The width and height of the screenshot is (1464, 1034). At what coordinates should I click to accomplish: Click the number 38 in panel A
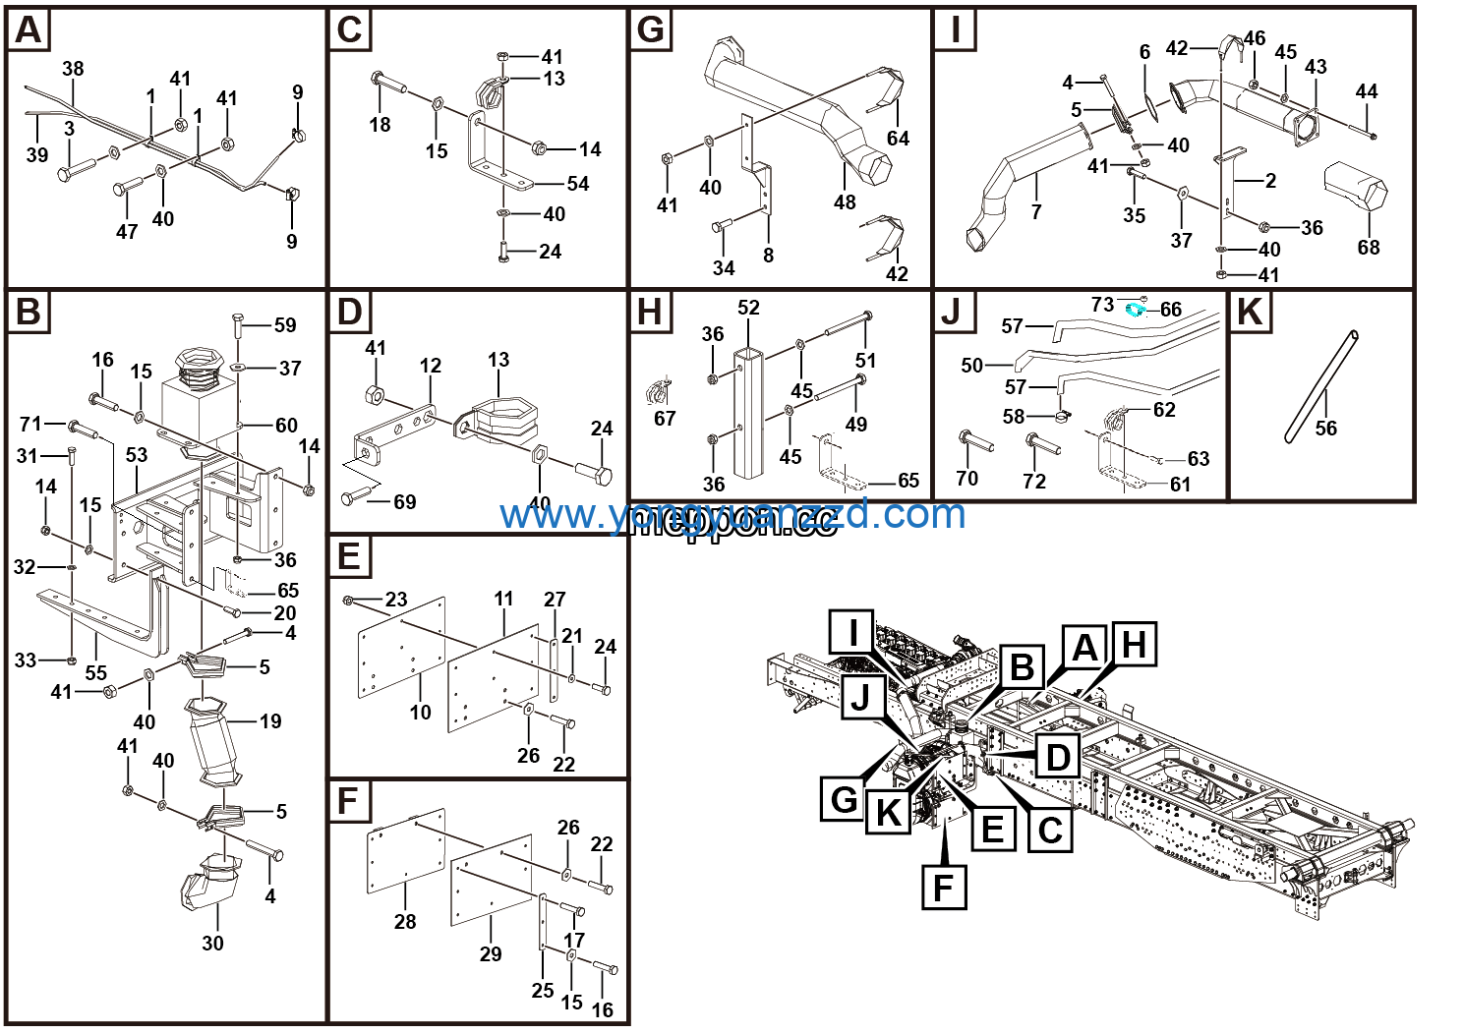click(x=73, y=69)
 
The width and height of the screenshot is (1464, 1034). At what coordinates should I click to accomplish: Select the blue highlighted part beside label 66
click(x=1136, y=310)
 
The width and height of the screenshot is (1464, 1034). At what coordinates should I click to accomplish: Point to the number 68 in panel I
click(x=1368, y=248)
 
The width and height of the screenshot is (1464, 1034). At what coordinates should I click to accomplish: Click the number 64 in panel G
click(x=898, y=139)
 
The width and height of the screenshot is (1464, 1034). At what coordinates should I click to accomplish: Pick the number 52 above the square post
click(x=748, y=308)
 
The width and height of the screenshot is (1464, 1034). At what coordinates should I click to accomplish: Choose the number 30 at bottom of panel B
click(x=212, y=943)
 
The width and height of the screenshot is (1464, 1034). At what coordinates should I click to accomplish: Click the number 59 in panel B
click(x=285, y=325)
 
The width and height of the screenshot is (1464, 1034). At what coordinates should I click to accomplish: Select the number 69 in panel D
click(x=404, y=502)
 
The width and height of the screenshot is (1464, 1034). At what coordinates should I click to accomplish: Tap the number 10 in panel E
click(x=420, y=713)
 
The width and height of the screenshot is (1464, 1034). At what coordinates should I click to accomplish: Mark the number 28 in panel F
click(x=405, y=922)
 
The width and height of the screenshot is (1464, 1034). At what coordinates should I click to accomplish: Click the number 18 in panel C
click(x=380, y=125)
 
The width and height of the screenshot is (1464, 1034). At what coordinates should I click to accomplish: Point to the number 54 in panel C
click(x=578, y=184)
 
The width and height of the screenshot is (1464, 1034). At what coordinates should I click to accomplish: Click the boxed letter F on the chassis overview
click(x=943, y=888)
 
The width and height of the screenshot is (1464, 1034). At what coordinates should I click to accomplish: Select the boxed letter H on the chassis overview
click(x=1134, y=645)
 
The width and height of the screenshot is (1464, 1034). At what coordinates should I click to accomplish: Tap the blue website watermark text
click(x=732, y=514)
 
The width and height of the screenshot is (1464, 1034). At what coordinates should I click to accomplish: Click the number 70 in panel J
click(x=966, y=479)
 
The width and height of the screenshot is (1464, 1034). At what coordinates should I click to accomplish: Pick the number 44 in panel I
click(x=1366, y=91)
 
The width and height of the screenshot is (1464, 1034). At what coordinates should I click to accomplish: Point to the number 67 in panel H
click(x=665, y=419)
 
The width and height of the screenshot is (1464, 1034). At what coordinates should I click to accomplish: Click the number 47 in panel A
click(x=127, y=232)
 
